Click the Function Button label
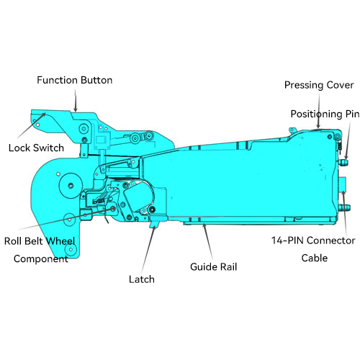pyautogui.click(x=75, y=80)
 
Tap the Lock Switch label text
pyautogui.click(x=36, y=148)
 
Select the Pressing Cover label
pyautogui.click(x=319, y=85)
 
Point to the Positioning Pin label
pyautogui.click(x=325, y=114)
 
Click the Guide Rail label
pyautogui.click(x=214, y=267)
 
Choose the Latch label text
pyautogui.click(x=142, y=279)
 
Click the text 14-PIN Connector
pyautogui.click(x=313, y=240)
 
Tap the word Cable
pyautogui.click(x=315, y=258)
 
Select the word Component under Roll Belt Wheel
pyautogui.click(x=41, y=259)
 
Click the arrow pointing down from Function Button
pyautogui.click(x=76, y=101)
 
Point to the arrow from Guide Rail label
pyautogui.click(x=208, y=241)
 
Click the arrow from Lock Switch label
pyautogui.click(x=32, y=125)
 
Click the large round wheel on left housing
pyautogui.click(x=71, y=185)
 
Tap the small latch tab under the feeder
pyautogui.click(x=154, y=224)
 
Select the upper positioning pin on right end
pyautogui.click(x=343, y=163)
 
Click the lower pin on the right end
pyautogui.click(x=344, y=207)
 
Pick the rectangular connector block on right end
pyautogui.click(x=342, y=185)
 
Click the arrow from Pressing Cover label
pyautogui.click(x=319, y=110)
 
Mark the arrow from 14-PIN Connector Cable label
pyautogui.click(x=345, y=212)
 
